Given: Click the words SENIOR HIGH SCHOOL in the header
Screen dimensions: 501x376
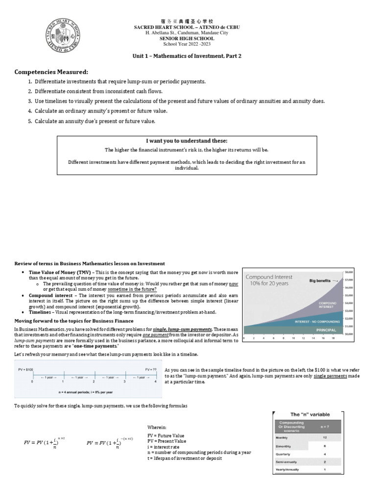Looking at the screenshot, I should click(x=187, y=38).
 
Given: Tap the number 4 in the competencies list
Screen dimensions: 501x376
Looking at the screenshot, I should click(x=30, y=111).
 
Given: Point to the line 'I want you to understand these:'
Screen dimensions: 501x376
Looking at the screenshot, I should click(x=187, y=140).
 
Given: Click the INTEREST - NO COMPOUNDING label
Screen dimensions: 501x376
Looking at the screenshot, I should click(x=315, y=321).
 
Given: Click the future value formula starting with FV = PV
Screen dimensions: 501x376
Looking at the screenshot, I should click(x=45, y=443).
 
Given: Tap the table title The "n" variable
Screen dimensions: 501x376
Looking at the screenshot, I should click(x=308, y=414).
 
